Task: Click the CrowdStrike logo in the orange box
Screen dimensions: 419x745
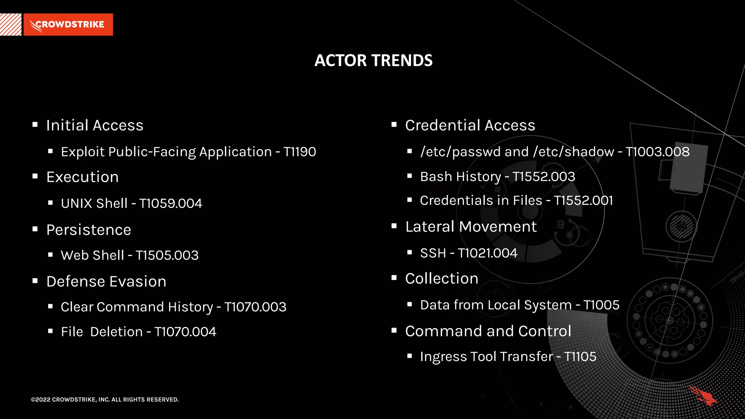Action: [x=68, y=25]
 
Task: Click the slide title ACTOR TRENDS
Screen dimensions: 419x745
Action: [x=373, y=60]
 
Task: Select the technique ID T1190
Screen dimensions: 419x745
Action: [x=300, y=152]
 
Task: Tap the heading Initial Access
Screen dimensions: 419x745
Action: [x=95, y=125]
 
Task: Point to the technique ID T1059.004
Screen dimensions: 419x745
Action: [x=171, y=203]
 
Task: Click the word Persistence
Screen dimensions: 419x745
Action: [x=89, y=230]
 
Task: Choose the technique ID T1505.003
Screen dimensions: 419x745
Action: [x=167, y=255]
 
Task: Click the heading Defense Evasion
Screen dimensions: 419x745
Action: [x=106, y=282]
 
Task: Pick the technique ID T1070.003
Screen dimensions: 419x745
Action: [x=255, y=307]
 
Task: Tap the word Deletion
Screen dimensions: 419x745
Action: [x=116, y=332]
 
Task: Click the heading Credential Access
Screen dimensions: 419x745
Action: [x=470, y=125]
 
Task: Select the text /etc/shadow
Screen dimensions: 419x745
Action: [x=574, y=152]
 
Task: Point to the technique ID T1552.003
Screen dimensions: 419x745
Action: [x=544, y=177]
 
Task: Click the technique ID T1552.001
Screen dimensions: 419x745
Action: [x=583, y=200]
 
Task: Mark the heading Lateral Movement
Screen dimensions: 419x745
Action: [x=471, y=227]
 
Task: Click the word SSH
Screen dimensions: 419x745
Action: [x=433, y=253]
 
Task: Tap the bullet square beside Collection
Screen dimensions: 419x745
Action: [x=394, y=278]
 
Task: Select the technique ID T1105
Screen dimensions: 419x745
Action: [x=580, y=357]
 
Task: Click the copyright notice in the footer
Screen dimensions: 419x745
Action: [x=105, y=399]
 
